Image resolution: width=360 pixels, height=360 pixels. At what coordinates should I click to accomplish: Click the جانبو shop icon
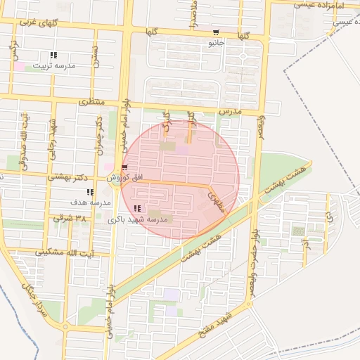click(x=215, y=32)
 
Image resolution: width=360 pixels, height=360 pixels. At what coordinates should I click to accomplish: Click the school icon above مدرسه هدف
click(x=89, y=191)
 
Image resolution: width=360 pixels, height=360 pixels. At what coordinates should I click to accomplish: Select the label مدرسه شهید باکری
click(x=139, y=219)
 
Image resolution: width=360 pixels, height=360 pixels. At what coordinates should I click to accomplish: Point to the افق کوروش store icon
click(x=124, y=167)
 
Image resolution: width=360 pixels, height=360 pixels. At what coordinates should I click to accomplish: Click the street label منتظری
click(x=91, y=102)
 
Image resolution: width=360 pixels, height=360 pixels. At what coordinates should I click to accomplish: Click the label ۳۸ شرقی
click(x=72, y=219)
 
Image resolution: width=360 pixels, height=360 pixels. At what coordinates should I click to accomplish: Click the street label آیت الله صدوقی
click(x=24, y=139)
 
